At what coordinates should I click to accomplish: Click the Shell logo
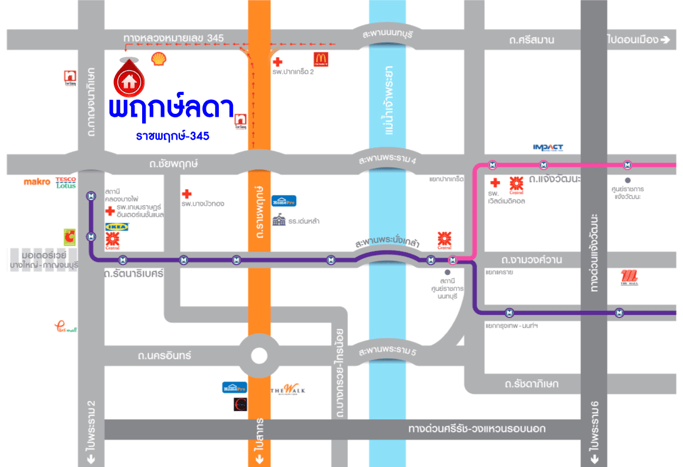(x=158, y=58)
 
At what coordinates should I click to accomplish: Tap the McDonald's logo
(x=320, y=59)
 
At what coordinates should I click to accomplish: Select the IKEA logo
(x=114, y=226)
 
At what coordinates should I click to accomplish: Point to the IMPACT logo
(x=548, y=147)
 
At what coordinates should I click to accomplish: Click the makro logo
(x=37, y=182)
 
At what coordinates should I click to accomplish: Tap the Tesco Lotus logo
(x=66, y=182)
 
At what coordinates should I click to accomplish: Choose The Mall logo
(x=629, y=277)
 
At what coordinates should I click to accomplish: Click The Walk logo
(x=288, y=390)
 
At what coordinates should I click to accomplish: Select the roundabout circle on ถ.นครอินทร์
(x=259, y=356)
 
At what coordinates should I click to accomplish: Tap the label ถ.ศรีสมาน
(x=532, y=40)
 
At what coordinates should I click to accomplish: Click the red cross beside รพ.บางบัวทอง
(x=187, y=193)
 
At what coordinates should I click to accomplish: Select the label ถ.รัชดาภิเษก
(x=531, y=384)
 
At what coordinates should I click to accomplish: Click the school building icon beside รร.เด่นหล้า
(x=278, y=221)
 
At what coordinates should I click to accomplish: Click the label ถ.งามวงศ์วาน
(x=531, y=259)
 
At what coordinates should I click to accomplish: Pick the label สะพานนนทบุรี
(x=388, y=35)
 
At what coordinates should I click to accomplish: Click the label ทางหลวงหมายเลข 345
(x=173, y=38)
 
